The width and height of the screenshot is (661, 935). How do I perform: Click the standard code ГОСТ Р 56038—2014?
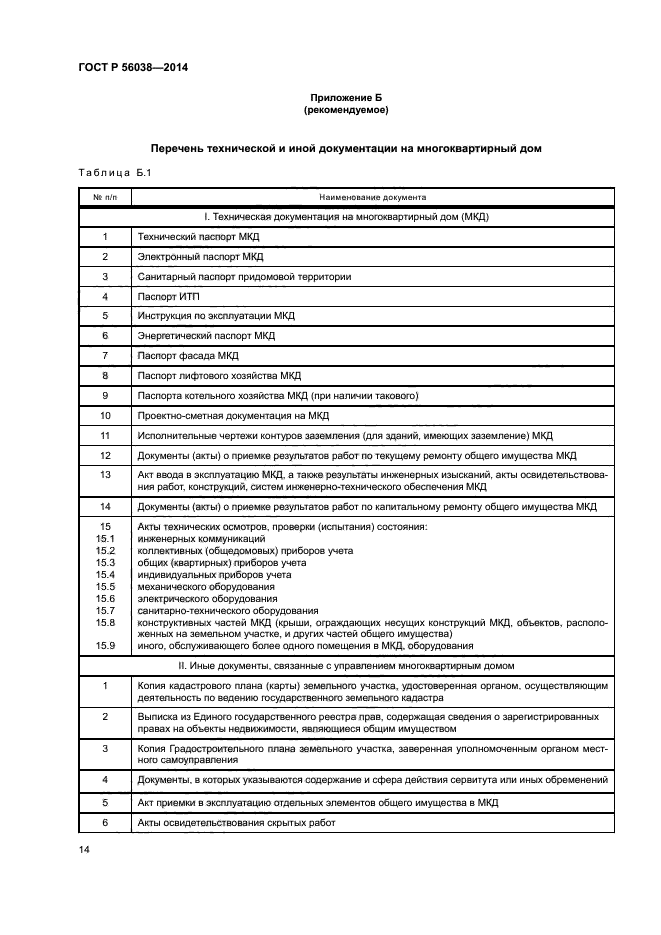coord(133,67)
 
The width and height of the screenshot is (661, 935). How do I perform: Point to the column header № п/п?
coord(105,198)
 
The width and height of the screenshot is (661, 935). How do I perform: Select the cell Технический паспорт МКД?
coord(191,237)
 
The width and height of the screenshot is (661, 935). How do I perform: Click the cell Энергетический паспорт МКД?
coord(205,336)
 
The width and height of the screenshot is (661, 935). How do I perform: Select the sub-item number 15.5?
coord(105,587)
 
